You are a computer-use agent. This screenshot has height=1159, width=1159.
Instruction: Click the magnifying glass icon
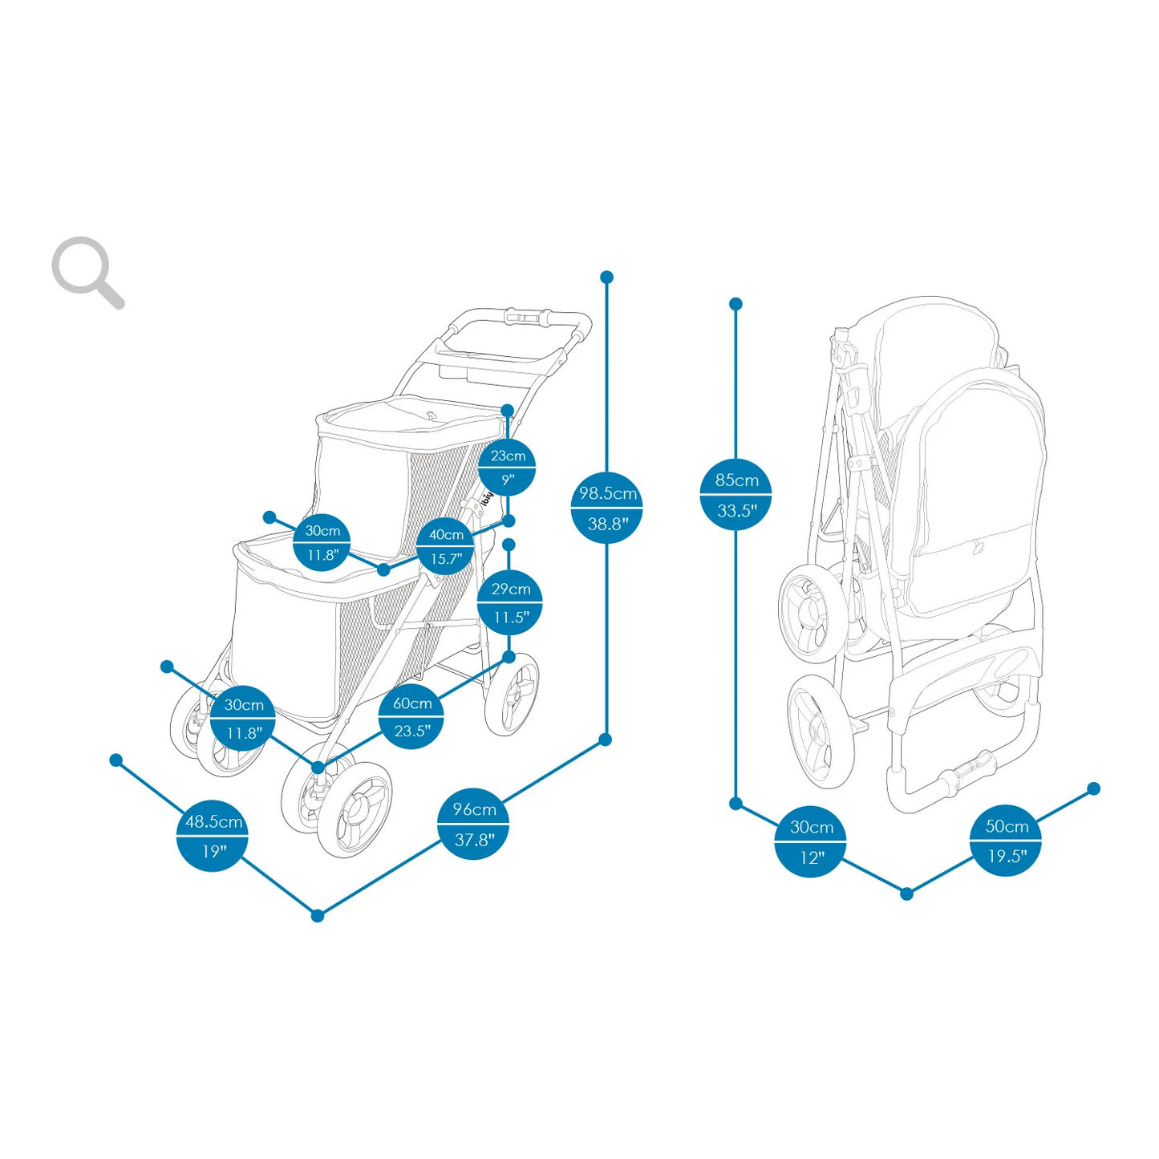pos(87,271)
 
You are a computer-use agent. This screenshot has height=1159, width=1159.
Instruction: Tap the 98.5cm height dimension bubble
pos(607,508)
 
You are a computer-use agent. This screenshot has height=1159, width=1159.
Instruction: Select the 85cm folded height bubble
pos(736,495)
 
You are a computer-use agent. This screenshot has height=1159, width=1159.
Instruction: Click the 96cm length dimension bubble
pos(473,824)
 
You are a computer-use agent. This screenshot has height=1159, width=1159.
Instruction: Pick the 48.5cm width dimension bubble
pos(213,835)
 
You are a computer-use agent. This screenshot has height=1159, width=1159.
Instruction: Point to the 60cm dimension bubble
pos(411,716)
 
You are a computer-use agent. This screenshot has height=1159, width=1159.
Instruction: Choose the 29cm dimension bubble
pos(510,602)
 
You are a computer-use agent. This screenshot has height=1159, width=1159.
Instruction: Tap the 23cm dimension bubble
pos(507,467)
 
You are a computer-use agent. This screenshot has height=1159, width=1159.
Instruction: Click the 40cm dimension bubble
pos(445,546)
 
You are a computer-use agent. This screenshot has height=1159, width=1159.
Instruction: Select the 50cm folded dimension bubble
pos(1006,841)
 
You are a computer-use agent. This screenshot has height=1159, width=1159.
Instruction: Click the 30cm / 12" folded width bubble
pos(811,841)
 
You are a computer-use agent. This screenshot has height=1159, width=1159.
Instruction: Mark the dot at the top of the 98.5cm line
pos(607,278)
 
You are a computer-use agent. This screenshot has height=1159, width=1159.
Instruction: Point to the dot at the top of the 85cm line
pos(736,304)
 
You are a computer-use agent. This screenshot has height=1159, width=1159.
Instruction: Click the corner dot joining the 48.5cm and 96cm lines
pos(318,915)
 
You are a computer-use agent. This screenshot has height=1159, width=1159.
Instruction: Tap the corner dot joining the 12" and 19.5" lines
pos(906,894)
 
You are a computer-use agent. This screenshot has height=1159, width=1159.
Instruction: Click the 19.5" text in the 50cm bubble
pos(1007,857)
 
